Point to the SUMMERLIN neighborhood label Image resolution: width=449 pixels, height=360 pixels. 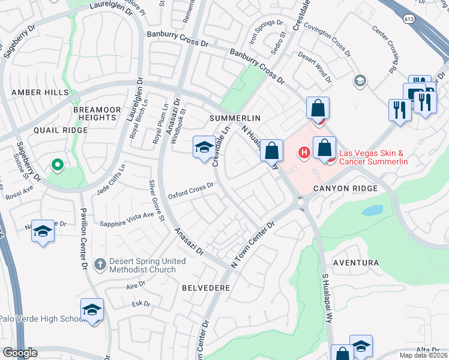[x=235, y=118]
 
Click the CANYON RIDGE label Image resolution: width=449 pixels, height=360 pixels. [x=345, y=188]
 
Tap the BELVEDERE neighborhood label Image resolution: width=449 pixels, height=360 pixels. [x=206, y=288]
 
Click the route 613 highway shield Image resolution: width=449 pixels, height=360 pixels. [x=410, y=20]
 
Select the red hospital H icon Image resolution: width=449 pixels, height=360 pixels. [x=304, y=153]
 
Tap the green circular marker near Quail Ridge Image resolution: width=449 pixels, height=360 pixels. [x=57, y=164]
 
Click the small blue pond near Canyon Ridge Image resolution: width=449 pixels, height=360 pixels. [x=372, y=211]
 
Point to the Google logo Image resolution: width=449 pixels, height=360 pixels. [x=20, y=353]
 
